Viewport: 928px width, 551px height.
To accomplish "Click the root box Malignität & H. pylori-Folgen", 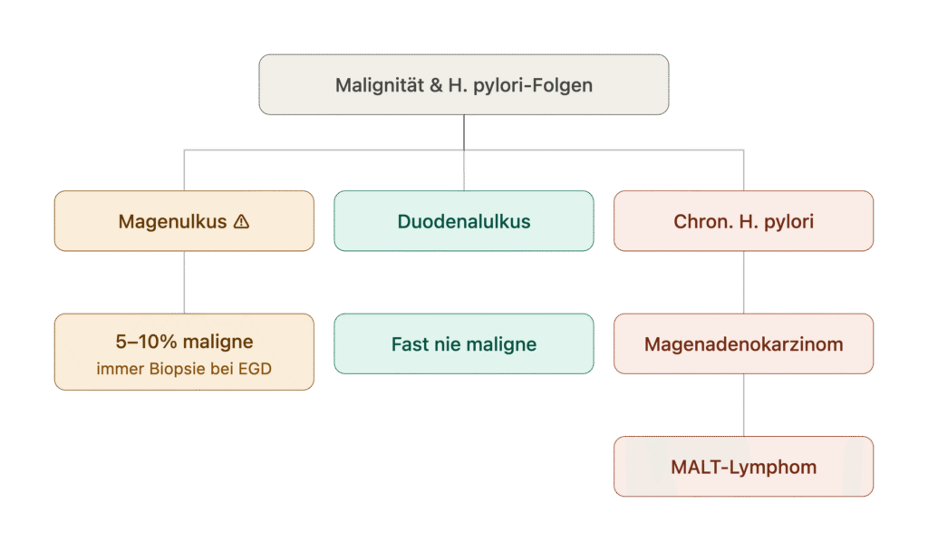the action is pyautogui.click(x=463, y=84).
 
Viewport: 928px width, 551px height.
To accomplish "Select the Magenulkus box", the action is pyautogui.click(x=184, y=221).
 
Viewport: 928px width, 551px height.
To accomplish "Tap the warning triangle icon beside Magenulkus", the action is pyautogui.click(x=241, y=221).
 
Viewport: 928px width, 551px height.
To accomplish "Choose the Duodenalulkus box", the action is pyautogui.click(x=463, y=221).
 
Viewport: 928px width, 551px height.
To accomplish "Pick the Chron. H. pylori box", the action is pyautogui.click(x=743, y=221).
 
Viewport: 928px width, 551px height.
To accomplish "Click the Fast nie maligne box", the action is pyautogui.click(x=463, y=343).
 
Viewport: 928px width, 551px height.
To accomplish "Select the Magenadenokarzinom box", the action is pyautogui.click(x=743, y=343).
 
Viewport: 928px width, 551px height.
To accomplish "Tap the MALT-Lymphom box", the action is pyautogui.click(x=743, y=467).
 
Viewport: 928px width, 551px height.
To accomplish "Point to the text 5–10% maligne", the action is pyautogui.click(x=184, y=342).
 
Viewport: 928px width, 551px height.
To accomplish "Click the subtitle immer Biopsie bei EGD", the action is pyautogui.click(x=184, y=369).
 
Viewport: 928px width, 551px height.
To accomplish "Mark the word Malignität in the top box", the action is pyautogui.click(x=380, y=85).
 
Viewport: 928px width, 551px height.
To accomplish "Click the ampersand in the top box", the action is pyautogui.click(x=436, y=85).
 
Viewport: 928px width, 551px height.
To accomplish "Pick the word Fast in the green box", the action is pyautogui.click(x=408, y=343).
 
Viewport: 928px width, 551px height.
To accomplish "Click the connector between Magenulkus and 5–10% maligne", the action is pyautogui.click(x=184, y=283).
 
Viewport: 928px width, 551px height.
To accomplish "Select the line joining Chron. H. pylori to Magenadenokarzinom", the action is pyautogui.click(x=743, y=283).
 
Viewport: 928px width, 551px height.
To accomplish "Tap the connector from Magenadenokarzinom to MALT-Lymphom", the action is pyautogui.click(x=743, y=405).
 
